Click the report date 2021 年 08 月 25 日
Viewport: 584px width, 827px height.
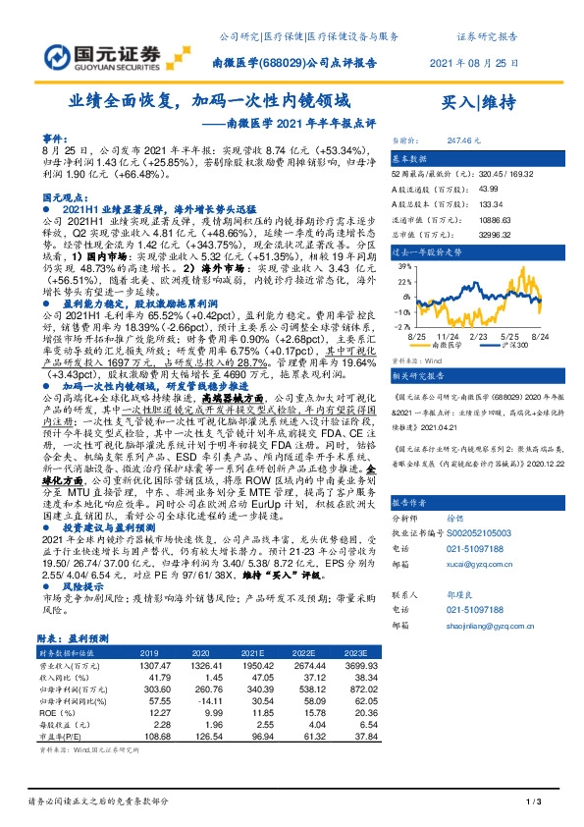click(474, 62)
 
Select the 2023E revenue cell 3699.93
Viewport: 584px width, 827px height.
click(357, 665)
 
